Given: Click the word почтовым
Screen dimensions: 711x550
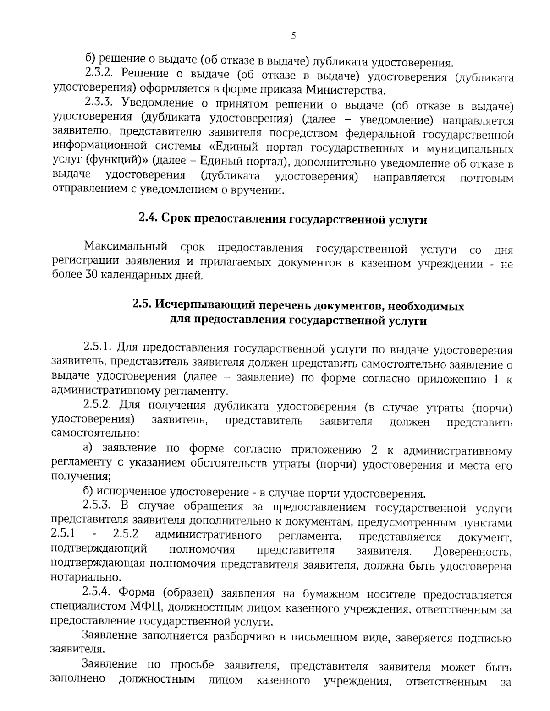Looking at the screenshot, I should (x=486, y=178).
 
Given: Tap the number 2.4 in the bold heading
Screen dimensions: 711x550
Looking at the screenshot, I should (x=148, y=220).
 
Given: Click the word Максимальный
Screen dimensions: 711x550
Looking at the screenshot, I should (x=125, y=249).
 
